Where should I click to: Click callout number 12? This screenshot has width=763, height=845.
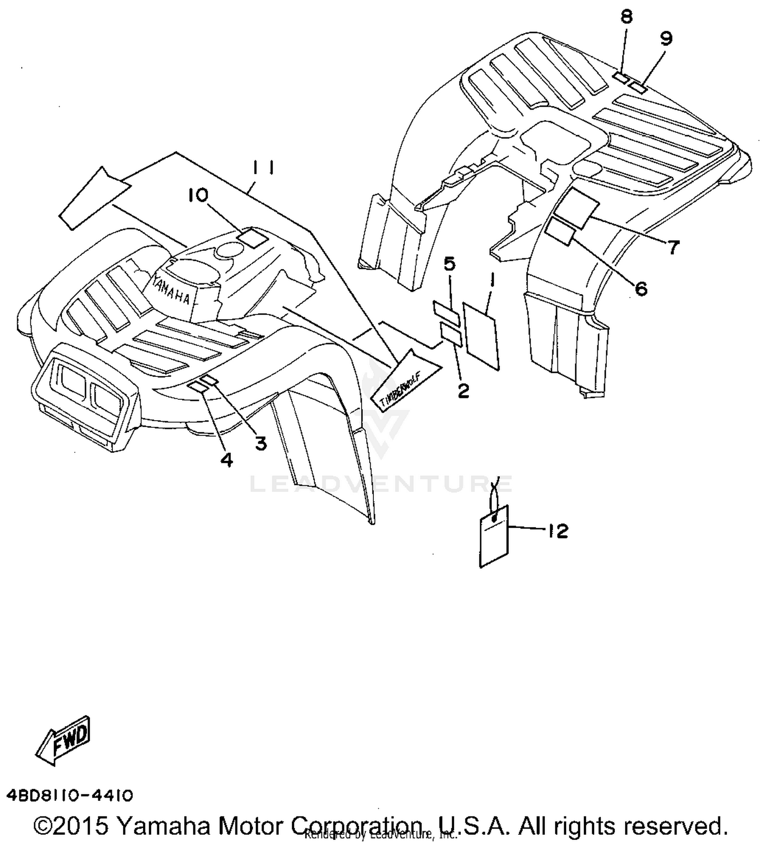[x=558, y=531]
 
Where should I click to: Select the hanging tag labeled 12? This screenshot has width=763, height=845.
[x=494, y=535]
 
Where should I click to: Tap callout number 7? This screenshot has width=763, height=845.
[x=672, y=247]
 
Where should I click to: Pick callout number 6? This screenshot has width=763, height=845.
[x=641, y=288]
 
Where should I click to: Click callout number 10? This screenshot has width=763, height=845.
[x=198, y=194]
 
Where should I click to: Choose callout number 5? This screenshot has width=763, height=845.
[x=450, y=264]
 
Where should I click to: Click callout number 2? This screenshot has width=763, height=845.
[x=463, y=391]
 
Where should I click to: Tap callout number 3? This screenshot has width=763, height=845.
[x=260, y=444]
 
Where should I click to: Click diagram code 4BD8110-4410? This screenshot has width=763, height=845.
[x=70, y=795]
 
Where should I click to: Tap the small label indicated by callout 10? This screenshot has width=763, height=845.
[x=253, y=237]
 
